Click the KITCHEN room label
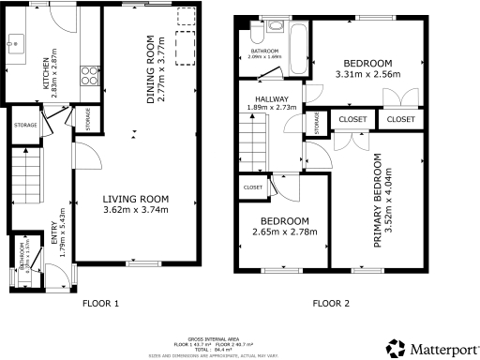(x=43, y=76)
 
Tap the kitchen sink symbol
(x=17, y=41)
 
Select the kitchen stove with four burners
(x=90, y=69)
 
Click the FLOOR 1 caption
(x=100, y=304)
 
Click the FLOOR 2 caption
(x=331, y=304)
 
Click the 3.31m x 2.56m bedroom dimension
(x=368, y=74)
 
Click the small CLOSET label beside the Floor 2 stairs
(x=253, y=187)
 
